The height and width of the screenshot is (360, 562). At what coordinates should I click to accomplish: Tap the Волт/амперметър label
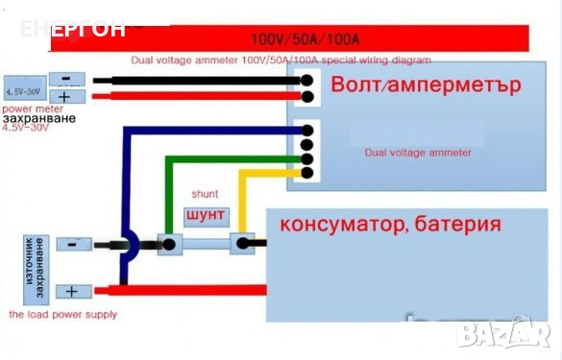click(425, 84)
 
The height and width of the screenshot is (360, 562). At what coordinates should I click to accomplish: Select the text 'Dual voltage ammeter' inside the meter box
click(417, 152)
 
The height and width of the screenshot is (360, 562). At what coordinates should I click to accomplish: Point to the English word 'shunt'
click(205, 193)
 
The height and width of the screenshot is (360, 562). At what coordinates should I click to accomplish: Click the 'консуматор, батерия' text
click(390, 226)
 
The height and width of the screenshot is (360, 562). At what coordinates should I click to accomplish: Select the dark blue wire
click(126, 182)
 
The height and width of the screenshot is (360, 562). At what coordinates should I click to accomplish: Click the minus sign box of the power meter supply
click(65, 81)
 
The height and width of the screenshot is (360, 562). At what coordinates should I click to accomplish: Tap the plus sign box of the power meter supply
click(65, 97)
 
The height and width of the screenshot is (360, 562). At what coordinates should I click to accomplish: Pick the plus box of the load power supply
click(71, 291)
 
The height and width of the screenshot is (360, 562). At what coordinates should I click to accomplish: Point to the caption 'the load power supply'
click(61, 314)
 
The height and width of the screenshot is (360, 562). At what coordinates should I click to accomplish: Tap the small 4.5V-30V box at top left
click(24, 91)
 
